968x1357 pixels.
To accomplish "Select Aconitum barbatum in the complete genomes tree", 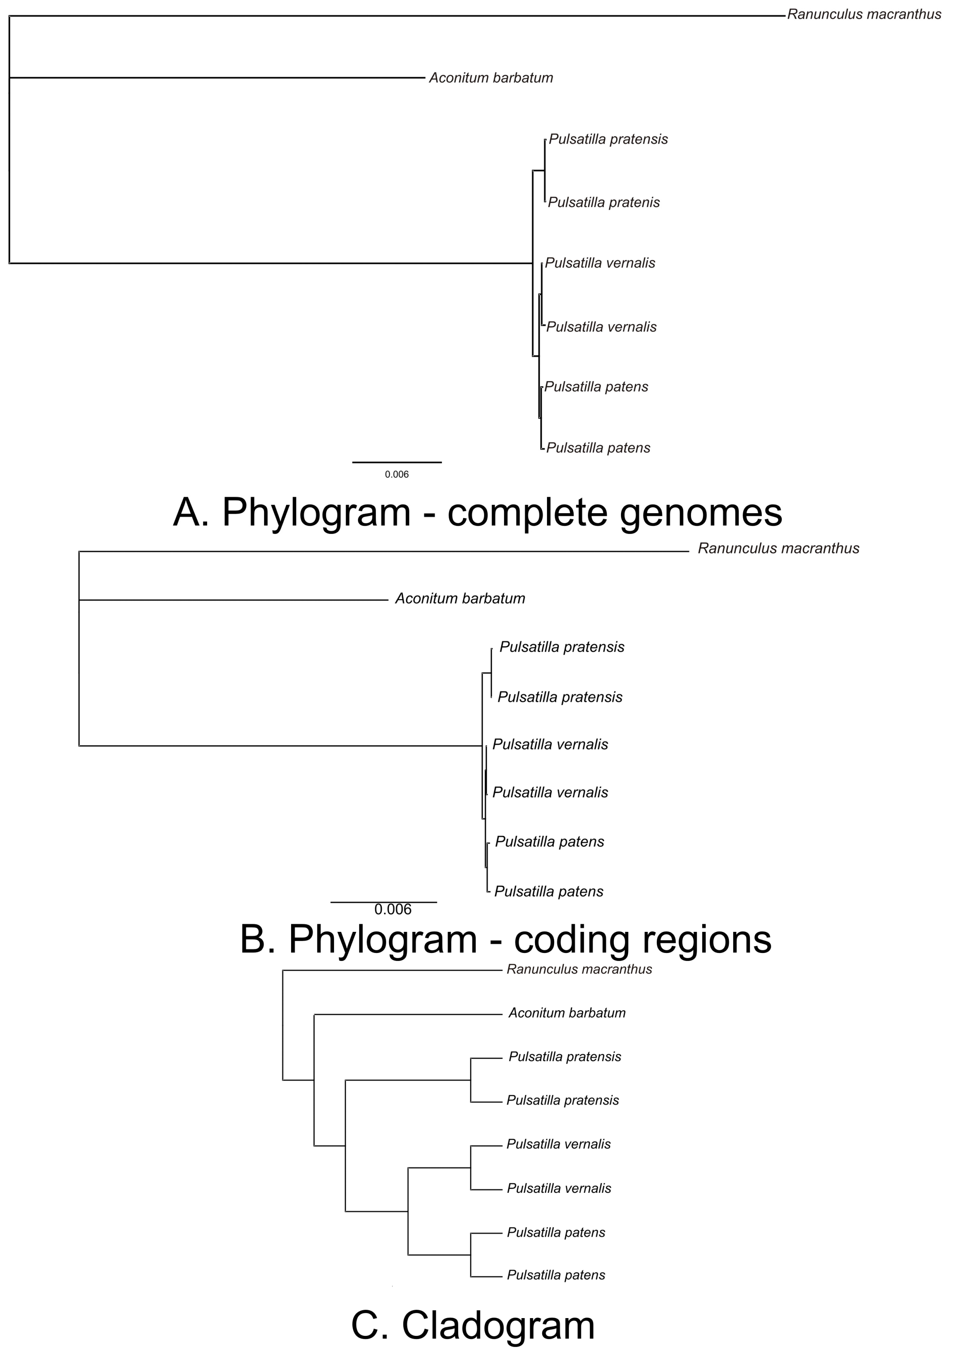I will tap(491, 78).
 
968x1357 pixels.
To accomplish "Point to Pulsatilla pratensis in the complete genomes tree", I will tap(608, 140).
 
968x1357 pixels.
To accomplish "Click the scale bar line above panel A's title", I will tap(396, 462).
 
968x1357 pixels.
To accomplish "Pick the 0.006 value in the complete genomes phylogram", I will tap(396, 475).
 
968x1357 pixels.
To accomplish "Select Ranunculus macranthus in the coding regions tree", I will tap(778, 548).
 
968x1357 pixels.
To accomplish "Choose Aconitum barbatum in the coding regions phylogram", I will tap(460, 598).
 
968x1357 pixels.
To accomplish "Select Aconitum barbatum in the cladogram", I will tap(567, 1013).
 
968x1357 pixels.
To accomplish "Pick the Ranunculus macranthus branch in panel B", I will tap(381, 552).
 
